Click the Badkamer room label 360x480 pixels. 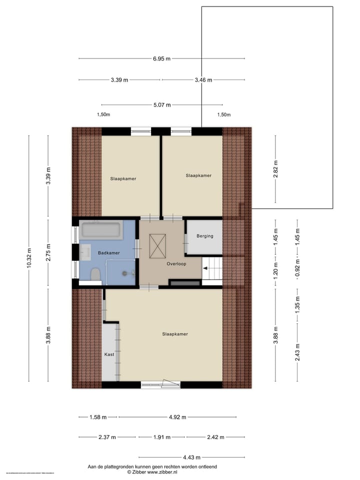click(x=109, y=253)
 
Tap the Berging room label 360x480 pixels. click(x=204, y=236)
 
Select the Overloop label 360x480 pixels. click(x=176, y=263)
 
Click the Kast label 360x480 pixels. click(x=109, y=354)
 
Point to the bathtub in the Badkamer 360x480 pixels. click(x=100, y=230)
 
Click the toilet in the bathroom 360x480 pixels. click(x=95, y=274)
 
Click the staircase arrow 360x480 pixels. click(x=206, y=268)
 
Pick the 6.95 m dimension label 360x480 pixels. click(x=162, y=58)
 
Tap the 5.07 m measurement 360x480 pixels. click(x=162, y=105)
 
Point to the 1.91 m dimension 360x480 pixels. click(x=161, y=437)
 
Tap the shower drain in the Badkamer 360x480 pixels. click(x=125, y=273)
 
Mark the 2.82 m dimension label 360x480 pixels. click(x=275, y=169)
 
